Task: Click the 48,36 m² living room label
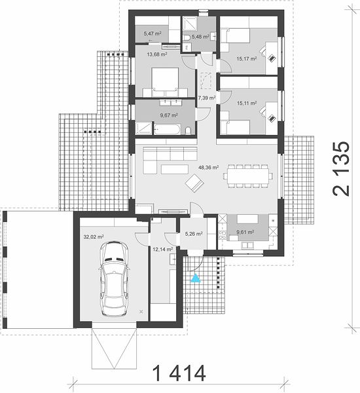coord(208,168)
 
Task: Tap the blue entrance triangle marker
coord(196,278)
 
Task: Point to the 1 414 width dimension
coord(179,373)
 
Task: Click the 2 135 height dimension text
coord(341,169)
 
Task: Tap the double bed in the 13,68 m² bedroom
coord(165,82)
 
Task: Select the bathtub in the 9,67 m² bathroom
coord(167,128)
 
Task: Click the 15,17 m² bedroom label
coord(247,59)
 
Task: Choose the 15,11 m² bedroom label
coord(247,103)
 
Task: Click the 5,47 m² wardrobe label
coord(153,33)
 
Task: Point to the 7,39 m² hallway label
coord(207,98)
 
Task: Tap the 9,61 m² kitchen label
coord(245,232)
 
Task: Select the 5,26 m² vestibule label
coord(194,234)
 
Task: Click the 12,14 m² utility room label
coord(162,250)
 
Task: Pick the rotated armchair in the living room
coord(194,183)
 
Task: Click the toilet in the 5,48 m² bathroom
coord(187,38)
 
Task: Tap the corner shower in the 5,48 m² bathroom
coord(188,23)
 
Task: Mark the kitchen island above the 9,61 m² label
coord(247,219)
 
